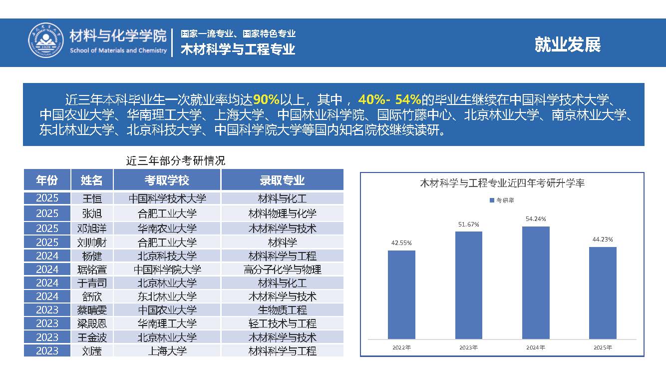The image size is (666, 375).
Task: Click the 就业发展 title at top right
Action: click(x=567, y=44)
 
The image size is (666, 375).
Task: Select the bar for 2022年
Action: click(x=401, y=294)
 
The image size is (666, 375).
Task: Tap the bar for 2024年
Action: click(x=536, y=282)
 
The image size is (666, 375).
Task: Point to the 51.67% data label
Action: click(x=468, y=224)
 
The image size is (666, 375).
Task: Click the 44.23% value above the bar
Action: click(x=603, y=239)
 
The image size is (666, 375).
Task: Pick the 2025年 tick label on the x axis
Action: click(x=603, y=347)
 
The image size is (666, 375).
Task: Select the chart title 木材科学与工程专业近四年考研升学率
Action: click(x=502, y=183)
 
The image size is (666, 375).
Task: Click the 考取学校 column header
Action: click(x=167, y=180)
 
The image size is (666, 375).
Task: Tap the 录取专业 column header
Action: click(x=282, y=180)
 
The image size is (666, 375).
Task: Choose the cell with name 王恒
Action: click(x=92, y=198)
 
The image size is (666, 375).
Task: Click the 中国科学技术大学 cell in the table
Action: click(x=167, y=198)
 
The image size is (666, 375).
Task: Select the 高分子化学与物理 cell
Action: click(x=282, y=269)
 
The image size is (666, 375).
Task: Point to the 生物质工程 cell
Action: click(x=282, y=310)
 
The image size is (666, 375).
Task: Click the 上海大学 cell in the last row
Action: click(x=167, y=350)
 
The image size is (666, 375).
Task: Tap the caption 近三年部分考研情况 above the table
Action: click(x=175, y=161)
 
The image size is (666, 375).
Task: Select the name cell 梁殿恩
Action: click(x=92, y=323)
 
